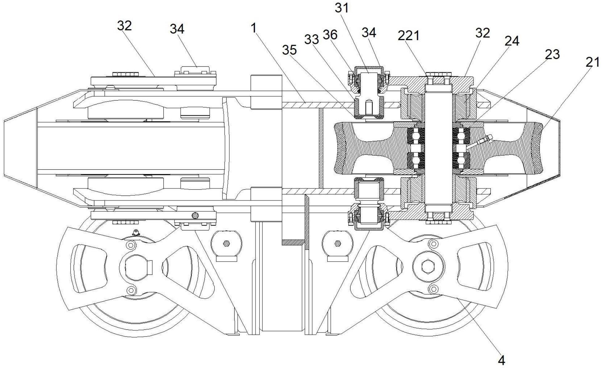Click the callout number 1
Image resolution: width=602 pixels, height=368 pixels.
coord(254,28)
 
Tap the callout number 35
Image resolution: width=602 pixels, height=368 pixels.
coord(289,50)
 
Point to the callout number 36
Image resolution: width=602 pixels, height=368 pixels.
coord(330,35)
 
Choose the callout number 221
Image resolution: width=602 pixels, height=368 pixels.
coord(408,36)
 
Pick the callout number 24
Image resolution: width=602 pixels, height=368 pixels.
coord(512,41)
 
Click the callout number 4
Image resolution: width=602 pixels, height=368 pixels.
coord(502,360)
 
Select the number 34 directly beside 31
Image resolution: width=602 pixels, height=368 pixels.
coord(369,32)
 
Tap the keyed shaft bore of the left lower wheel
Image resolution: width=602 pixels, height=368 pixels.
coord(138,266)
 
